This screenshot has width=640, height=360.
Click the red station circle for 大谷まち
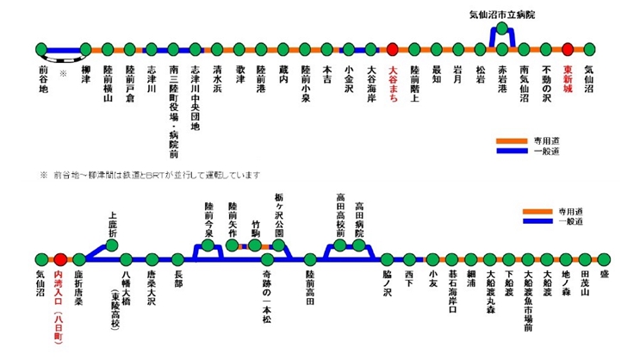click(393, 50)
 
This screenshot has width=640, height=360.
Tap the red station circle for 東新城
click(568, 50)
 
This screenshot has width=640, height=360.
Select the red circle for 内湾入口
click(60, 258)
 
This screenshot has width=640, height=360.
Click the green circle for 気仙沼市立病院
click(502, 29)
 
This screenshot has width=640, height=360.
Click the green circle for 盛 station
click(605, 258)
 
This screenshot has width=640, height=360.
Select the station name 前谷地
click(42, 75)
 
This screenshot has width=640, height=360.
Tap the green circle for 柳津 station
click(85, 50)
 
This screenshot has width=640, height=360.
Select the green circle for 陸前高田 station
click(310, 258)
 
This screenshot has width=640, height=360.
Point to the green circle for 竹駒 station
click(254, 245)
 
